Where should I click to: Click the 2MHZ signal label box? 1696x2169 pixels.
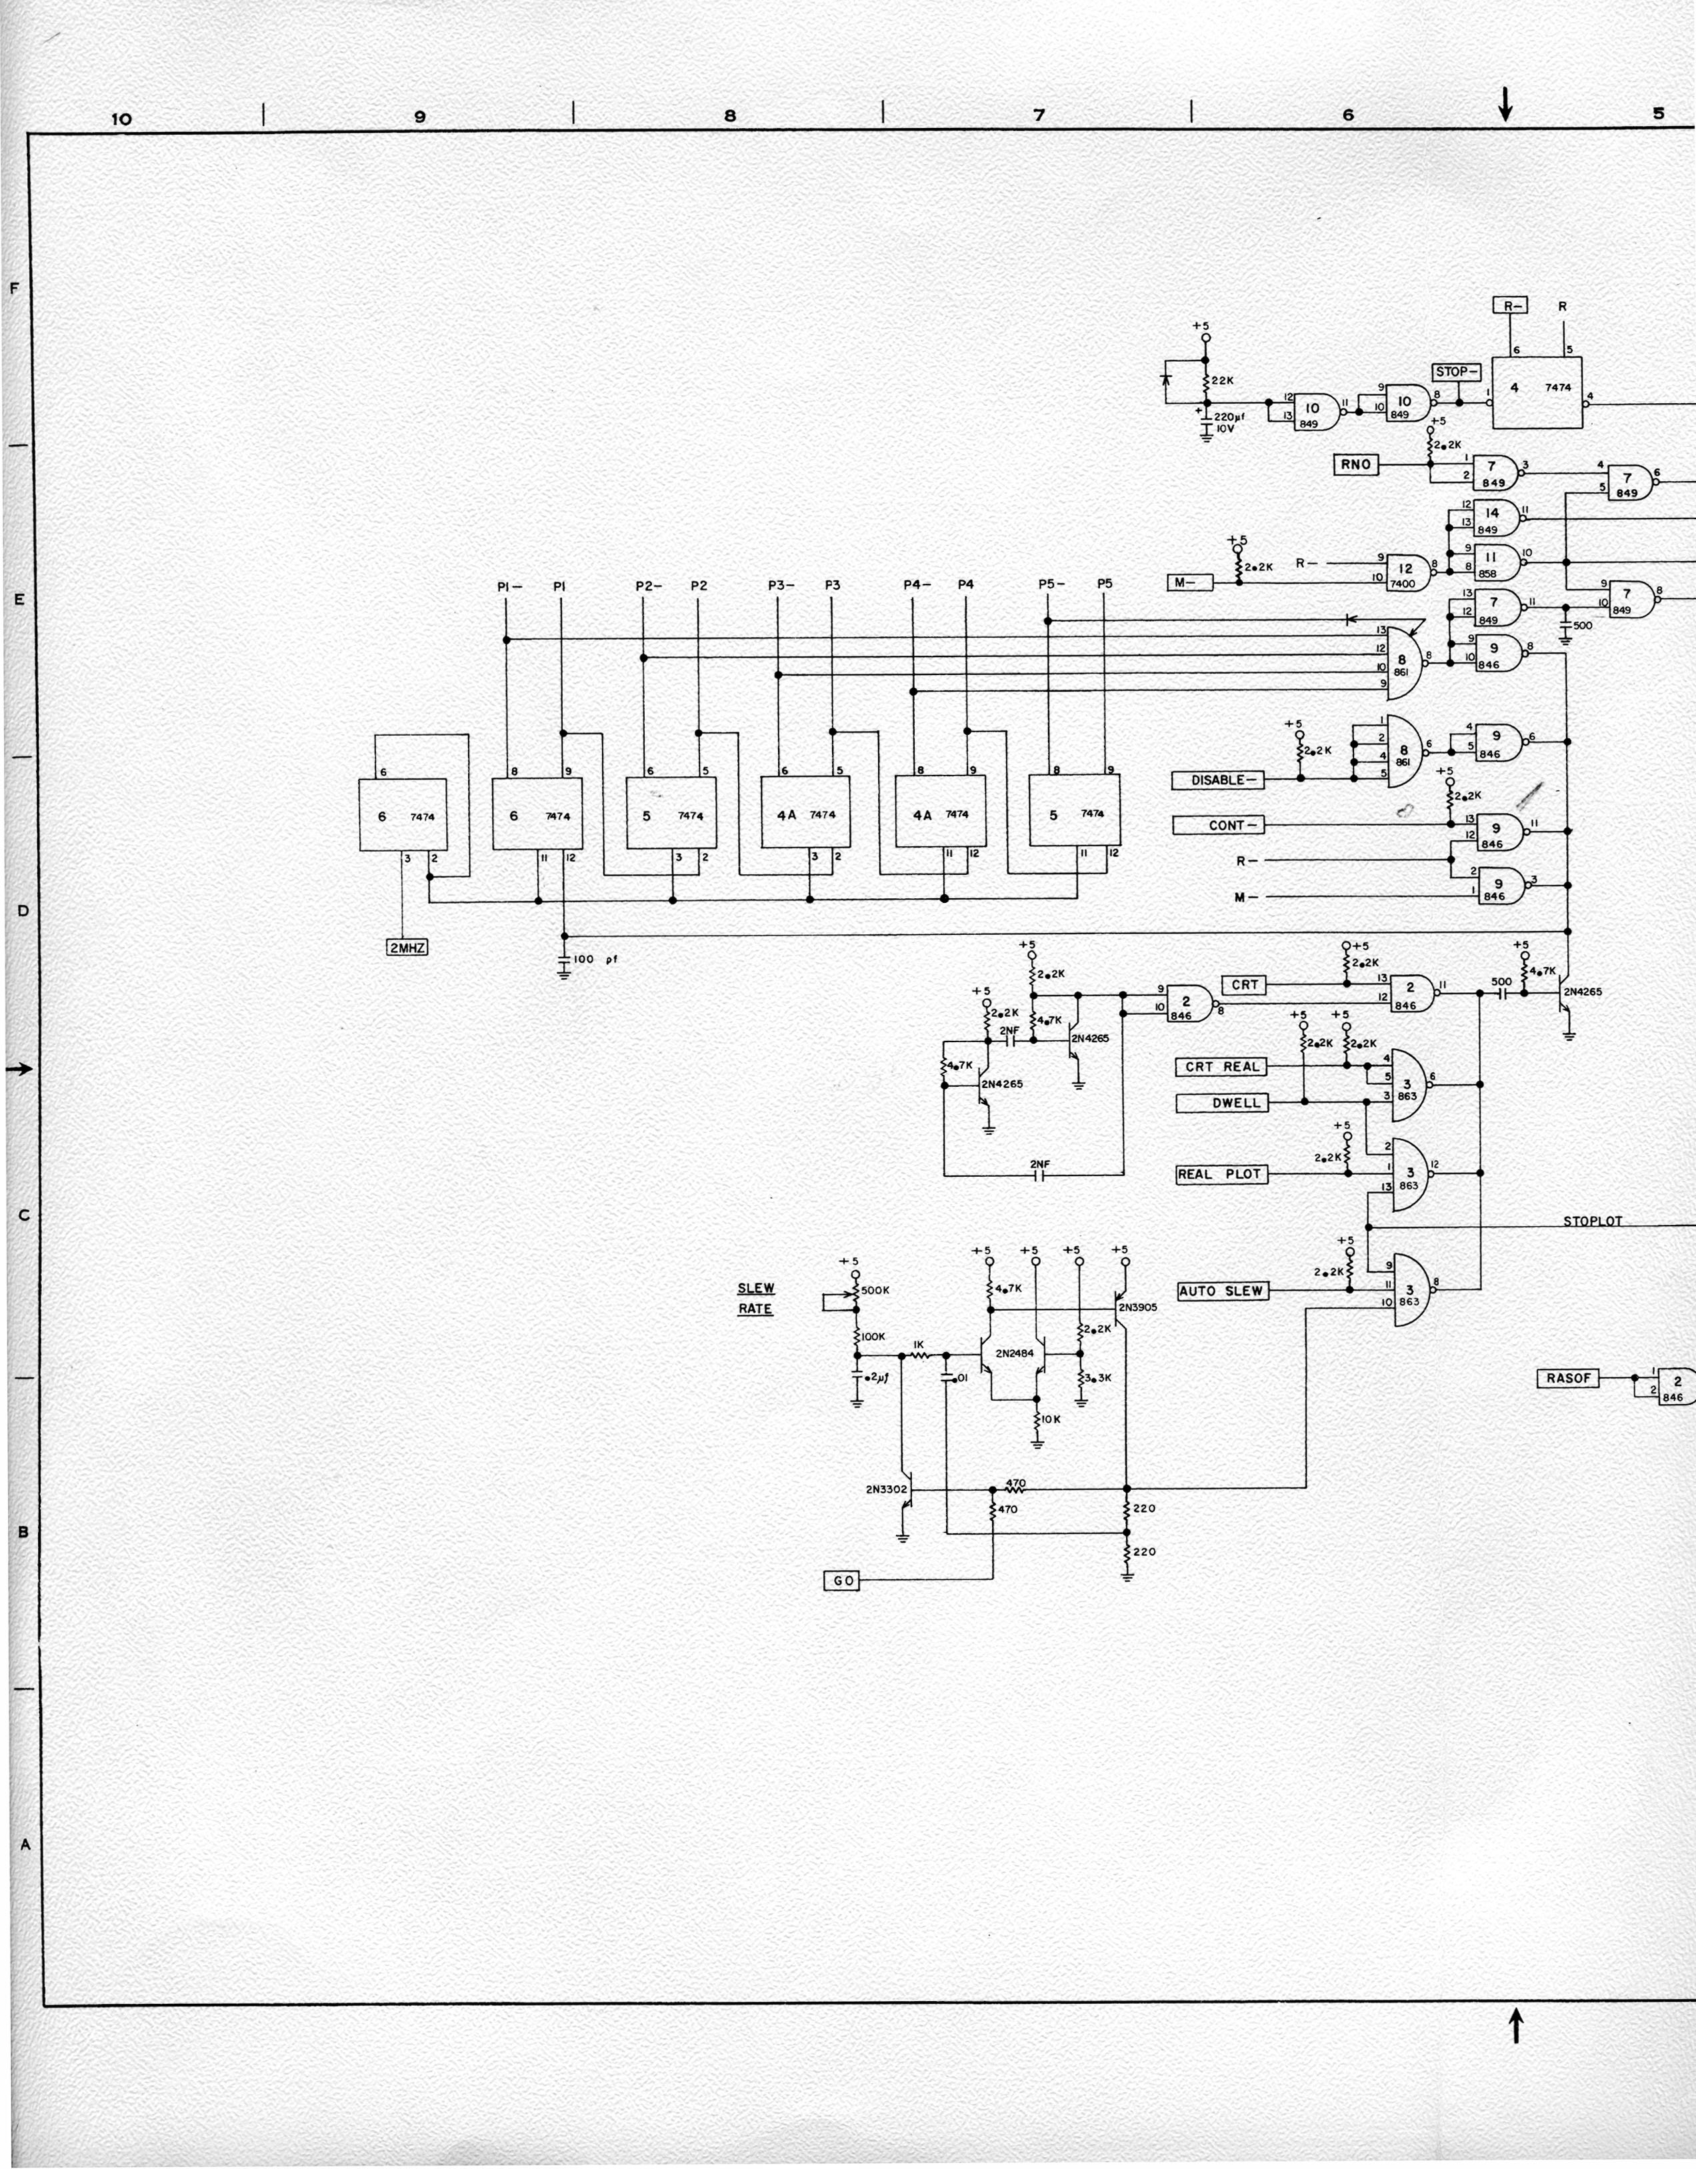click(407, 948)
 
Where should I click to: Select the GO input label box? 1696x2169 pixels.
click(841, 1580)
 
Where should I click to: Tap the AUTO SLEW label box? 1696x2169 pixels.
click(1221, 1291)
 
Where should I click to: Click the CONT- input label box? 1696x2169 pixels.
click(1219, 826)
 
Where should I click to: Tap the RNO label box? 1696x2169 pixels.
click(1355, 464)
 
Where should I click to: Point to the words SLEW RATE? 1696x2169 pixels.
click(755, 1298)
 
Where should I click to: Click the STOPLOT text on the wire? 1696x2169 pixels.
click(1592, 1221)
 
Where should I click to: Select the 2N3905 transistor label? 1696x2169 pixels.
click(1137, 1308)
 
